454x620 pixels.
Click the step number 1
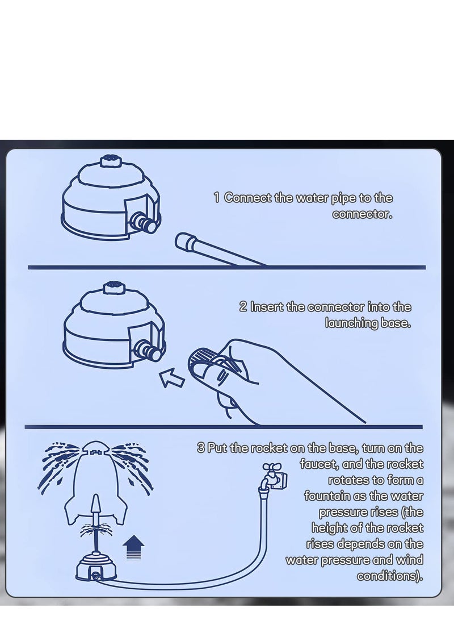pyautogui.click(x=216, y=198)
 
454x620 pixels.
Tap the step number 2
pyautogui.click(x=243, y=307)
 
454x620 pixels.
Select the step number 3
pyautogui.click(x=201, y=448)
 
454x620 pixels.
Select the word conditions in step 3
pyautogui.click(x=390, y=576)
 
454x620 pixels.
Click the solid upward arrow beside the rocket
pyautogui.click(x=133, y=547)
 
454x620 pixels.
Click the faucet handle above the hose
pyautogui.click(x=272, y=467)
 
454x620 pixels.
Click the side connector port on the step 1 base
pyautogui.click(x=144, y=223)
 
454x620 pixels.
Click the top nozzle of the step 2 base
pyautogui.click(x=113, y=288)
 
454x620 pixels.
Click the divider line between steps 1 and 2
pyautogui.click(x=226, y=268)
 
